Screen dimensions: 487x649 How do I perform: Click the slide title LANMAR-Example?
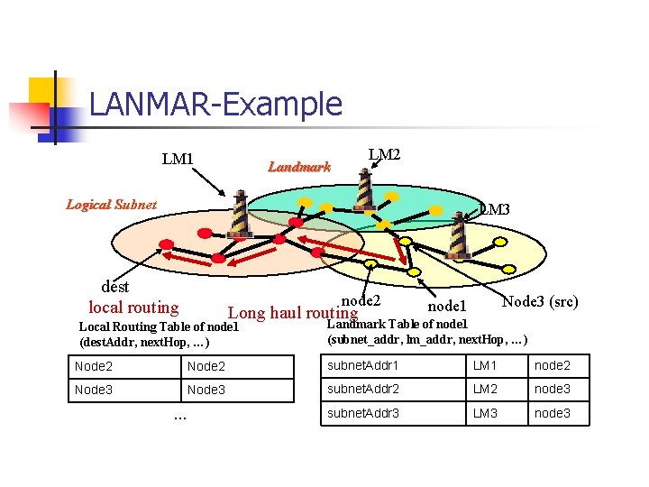[x=215, y=105]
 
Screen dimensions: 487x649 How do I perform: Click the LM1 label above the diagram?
[x=178, y=160]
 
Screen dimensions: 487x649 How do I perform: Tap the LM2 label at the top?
[x=385, y=155]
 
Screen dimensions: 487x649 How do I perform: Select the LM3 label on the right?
[x=495, y=209]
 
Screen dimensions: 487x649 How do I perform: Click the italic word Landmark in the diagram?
[x=299, y=166]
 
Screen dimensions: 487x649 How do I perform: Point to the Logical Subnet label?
[x=111, y=204]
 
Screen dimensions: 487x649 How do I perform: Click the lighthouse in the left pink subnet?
[x=239, y=213]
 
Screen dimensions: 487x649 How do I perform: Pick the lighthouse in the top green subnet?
[x=363, y=188]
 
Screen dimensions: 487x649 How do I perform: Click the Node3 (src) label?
[x=540, y=301]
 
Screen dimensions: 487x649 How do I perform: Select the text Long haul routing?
[x=293, y=313]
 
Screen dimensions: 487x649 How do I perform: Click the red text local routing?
[x=133, y=308]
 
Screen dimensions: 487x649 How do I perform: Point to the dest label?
[x=115, y=287]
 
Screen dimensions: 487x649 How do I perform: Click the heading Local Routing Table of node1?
[x=159, y=326]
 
